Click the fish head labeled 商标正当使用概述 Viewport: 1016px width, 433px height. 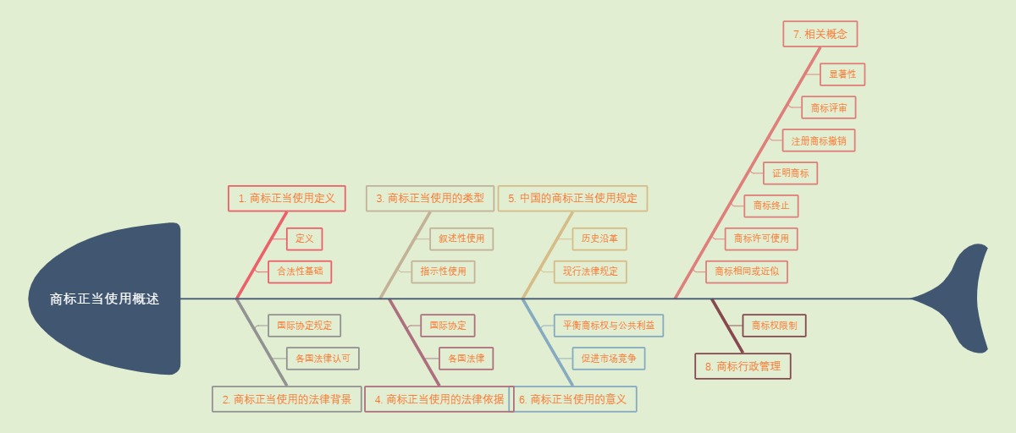coord(104,299)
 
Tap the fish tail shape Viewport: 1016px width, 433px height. coord(965,299)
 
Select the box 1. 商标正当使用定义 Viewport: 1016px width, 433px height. coord(287,199)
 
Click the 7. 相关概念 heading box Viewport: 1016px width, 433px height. coord(820,35)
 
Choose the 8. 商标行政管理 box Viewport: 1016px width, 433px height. coord(743,366)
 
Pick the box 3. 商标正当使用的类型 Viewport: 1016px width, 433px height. coord(430,199)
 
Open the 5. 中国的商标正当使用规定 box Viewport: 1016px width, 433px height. coord(572,199)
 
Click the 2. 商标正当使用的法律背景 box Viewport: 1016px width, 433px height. coord(287,399)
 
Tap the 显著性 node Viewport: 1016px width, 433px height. coord(842,74)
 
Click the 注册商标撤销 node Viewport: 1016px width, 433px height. coord(819,140)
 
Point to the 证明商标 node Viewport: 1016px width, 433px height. coord(790,173)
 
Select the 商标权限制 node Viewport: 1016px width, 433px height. coord(774,326)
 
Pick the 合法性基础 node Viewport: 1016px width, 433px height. coord(300,271)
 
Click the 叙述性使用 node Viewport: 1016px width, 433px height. coord(461,238)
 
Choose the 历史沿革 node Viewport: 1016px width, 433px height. coord(599,238)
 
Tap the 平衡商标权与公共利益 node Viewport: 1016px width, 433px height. coord(609,326)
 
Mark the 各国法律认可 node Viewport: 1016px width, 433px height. coord(323,359)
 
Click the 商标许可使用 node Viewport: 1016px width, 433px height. coord(761,238)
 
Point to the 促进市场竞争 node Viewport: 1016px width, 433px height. coord(609,359)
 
